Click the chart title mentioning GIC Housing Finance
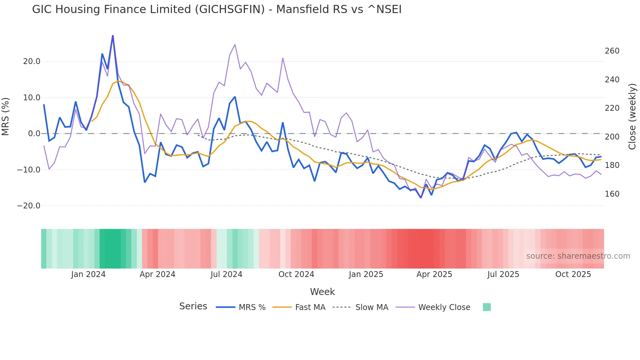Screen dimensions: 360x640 pos(216,9)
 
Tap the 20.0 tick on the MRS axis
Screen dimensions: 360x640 pos(32,61)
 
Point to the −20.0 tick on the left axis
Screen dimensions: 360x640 pos(29,206)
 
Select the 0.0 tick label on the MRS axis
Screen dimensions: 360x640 pos(34,134)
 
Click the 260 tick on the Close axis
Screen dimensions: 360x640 pos(612,51)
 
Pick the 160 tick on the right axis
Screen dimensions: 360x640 pos(612,194)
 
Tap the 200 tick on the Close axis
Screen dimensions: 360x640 pos(612,137)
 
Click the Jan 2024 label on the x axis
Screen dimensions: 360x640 pos(88,274)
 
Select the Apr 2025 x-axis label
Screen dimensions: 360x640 pos(434,274)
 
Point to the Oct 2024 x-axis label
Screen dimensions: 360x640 pos(296,274)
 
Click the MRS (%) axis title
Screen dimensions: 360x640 pos(6,116)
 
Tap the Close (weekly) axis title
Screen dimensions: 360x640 pos(632,116)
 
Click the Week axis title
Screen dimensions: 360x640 pos(322,292)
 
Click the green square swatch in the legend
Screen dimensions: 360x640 pos(487,307)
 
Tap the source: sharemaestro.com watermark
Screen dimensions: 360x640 pos(578,256)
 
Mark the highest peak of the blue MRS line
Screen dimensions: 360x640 pos(113,36)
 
